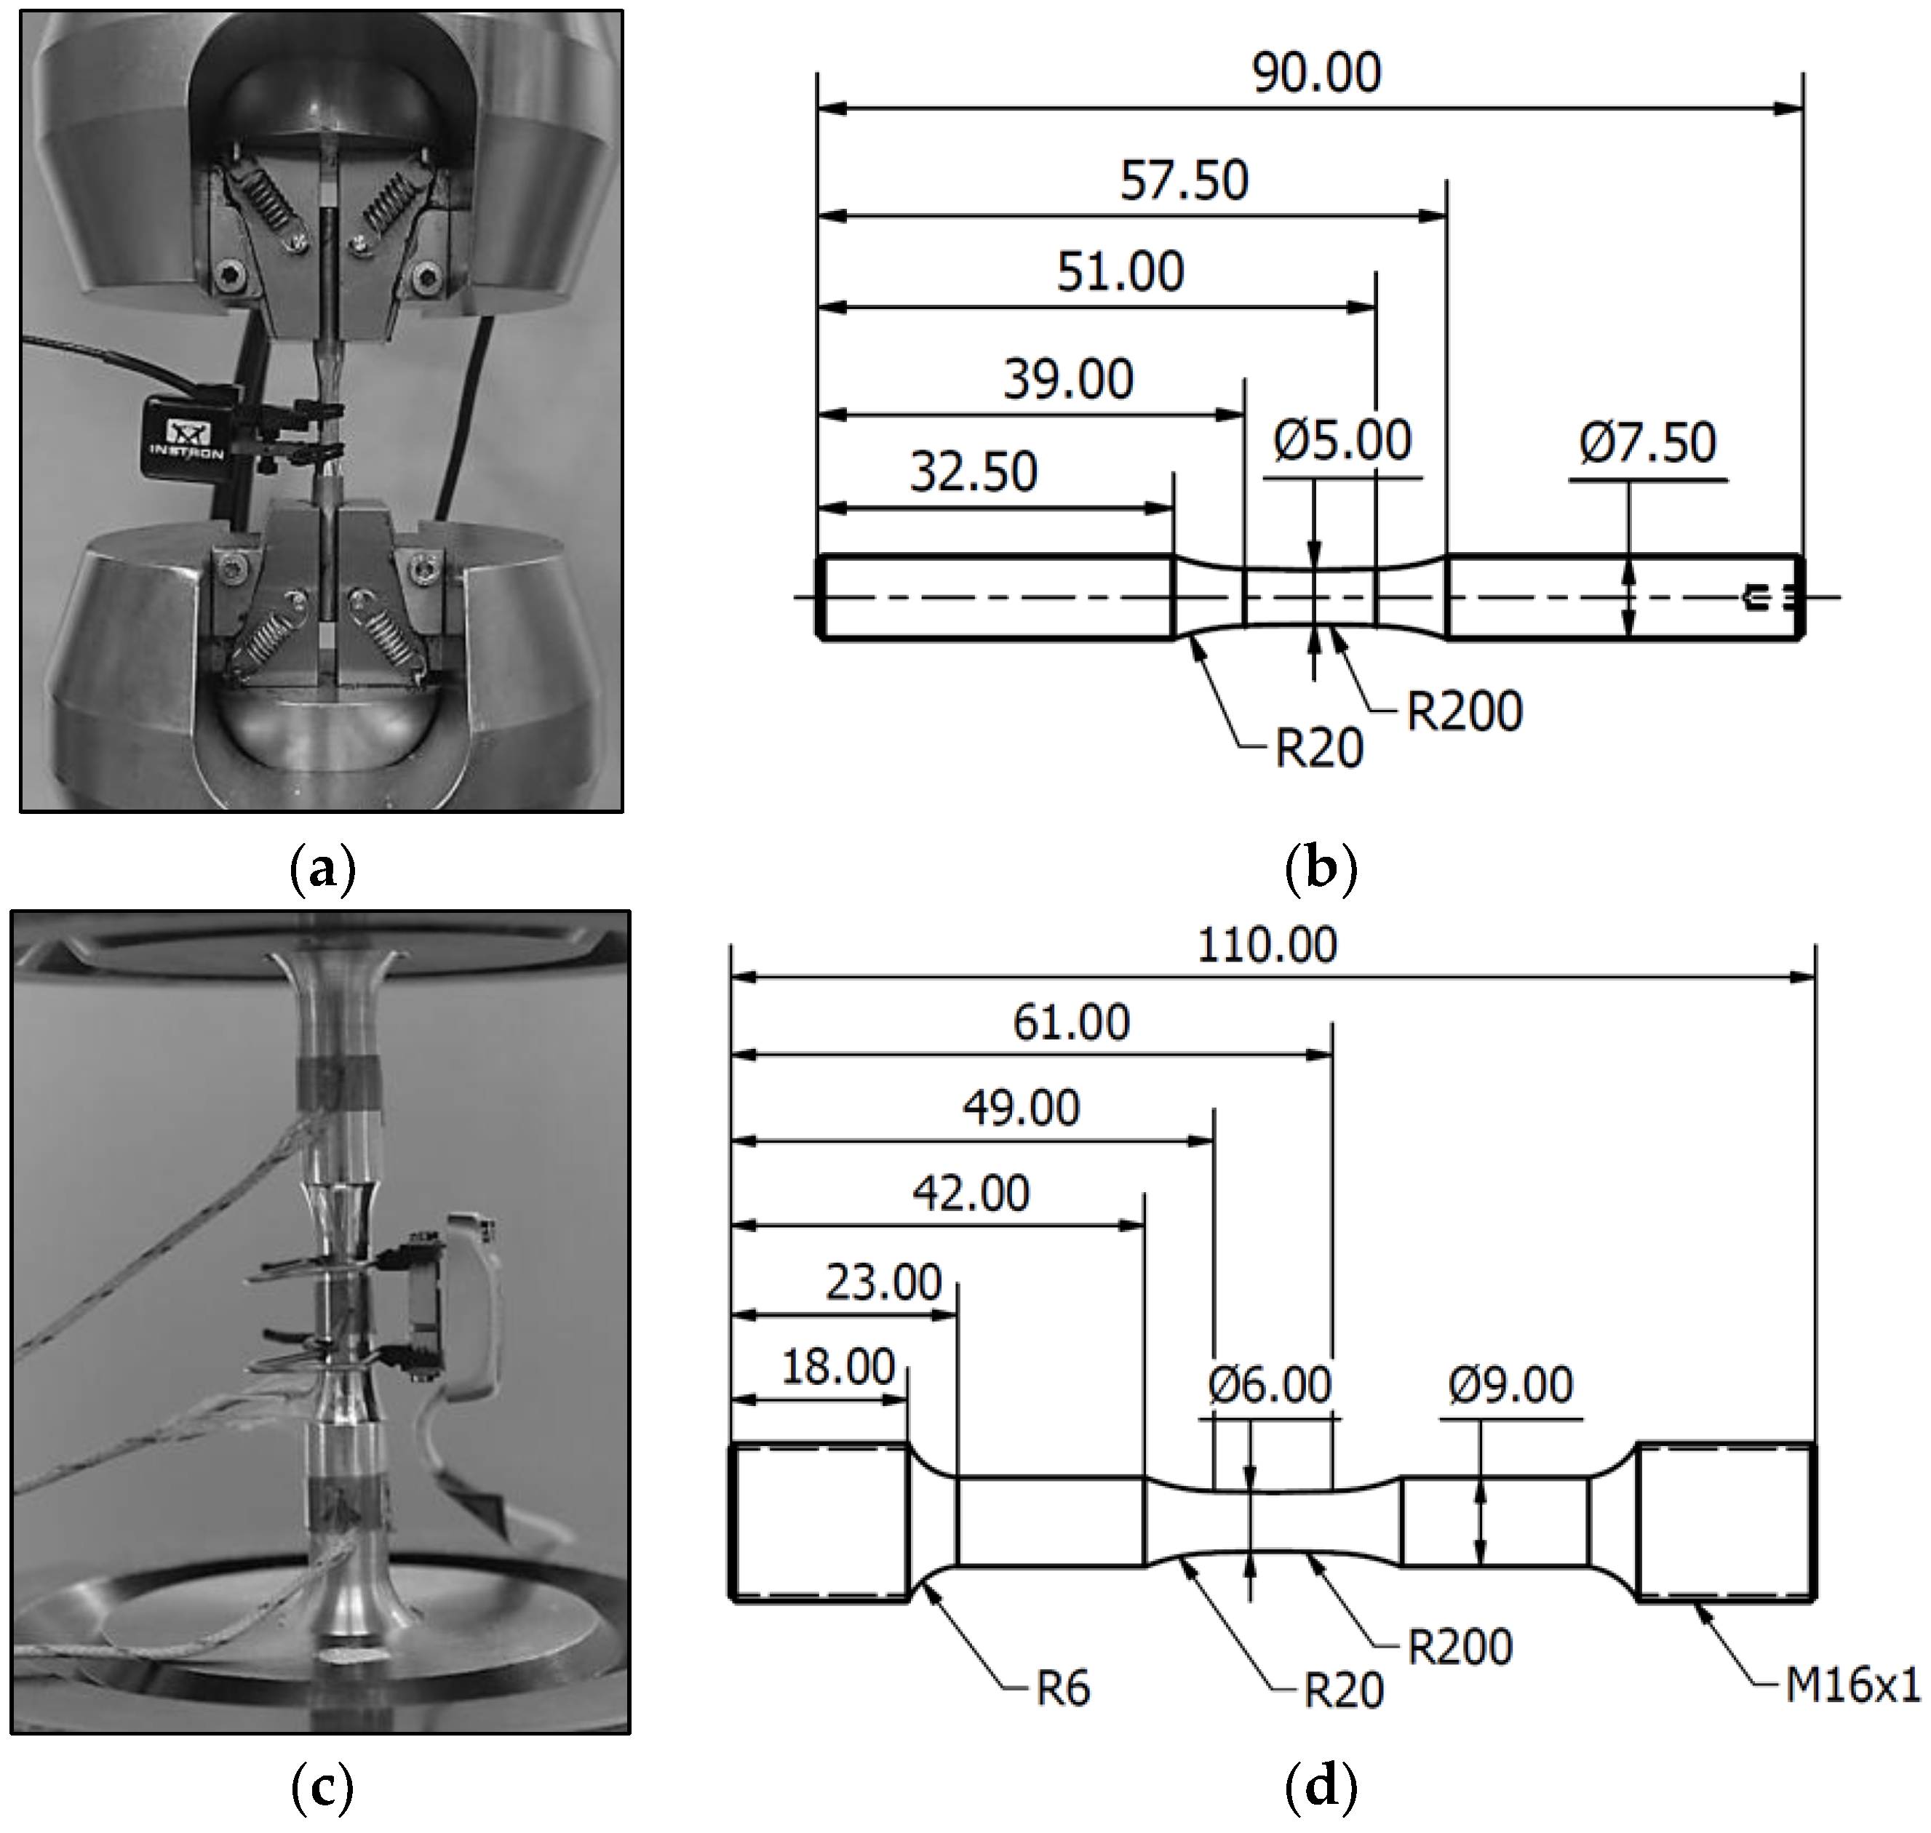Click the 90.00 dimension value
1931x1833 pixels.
pyautogui.click(x=1316, y=73)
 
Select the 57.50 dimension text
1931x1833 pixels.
pyautogui.click(x=1184, y=182)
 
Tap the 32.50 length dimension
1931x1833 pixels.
pyautogui.click(x=974, y=473)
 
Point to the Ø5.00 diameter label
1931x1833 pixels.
pyautogui.click(x=1342, y=441)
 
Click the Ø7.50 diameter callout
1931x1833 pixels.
pyautogui.click(x=1647, y=443)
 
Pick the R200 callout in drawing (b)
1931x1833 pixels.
pyautogui.click(x=1463, y=711)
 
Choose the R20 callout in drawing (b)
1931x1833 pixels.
pyautogui.click(x=1319, y=749)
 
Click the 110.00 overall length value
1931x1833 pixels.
pyautogui.click(x=1267, y=946)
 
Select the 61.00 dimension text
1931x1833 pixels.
pyautogui.click(x=1071, y=1023)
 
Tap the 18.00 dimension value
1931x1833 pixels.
pyautogui.click(x=837, y=1367)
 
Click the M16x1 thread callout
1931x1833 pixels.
pyautogui.click(x=1852, y=1685)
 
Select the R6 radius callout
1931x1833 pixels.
pyautogui.click(x=1062, y=1688)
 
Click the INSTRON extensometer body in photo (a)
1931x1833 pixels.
pyautogui.click(x=188, y=438)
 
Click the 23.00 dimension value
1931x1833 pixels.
pyautogui.click(x=883, y=1283)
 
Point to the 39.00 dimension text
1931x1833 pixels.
pyautogui.click(x=1068, y=380)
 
